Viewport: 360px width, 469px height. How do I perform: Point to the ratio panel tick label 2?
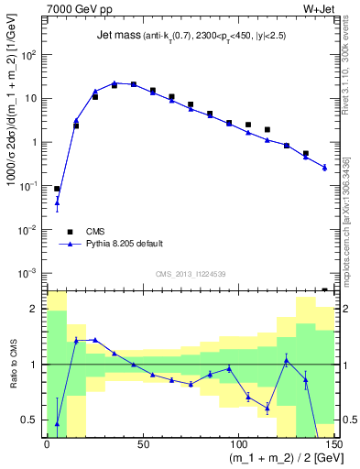[x=35, y=310]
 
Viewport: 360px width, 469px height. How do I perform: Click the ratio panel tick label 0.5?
[x=31, y=420]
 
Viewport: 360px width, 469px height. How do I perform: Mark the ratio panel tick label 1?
[x=35, y=365]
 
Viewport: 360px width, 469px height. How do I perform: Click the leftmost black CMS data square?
[x=57, y=189]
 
